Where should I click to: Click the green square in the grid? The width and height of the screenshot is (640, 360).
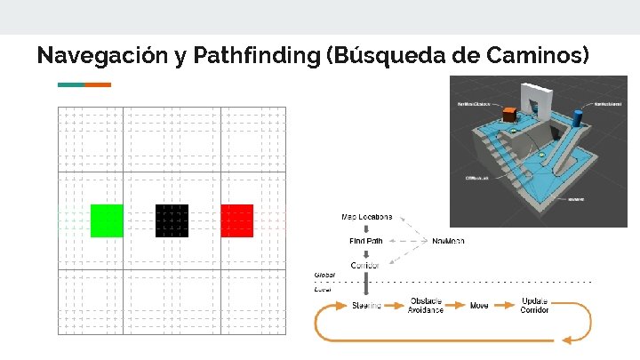coord(107,220)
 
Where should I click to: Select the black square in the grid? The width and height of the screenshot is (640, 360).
coord(172,220)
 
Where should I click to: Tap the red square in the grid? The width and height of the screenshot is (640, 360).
coord(236,220)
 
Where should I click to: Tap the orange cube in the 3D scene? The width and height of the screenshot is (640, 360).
coord(509,115)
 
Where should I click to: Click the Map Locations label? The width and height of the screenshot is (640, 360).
coord(367,218)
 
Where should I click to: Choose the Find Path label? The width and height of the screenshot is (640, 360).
coord(367,241)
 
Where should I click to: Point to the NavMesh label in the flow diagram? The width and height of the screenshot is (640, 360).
coord(447,241)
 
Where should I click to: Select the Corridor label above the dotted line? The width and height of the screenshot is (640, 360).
coord(366,265)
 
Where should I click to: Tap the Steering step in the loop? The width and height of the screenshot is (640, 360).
coord(367,306)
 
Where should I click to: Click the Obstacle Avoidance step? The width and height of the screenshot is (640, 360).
coord(426,305)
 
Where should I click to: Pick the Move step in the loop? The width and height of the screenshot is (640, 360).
coord(479,306)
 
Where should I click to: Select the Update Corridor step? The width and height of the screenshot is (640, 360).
coord(535,305)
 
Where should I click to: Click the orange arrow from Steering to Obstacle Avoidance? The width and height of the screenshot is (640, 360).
coord(395,306)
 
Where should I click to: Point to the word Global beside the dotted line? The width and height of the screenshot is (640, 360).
coord(324,276)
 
